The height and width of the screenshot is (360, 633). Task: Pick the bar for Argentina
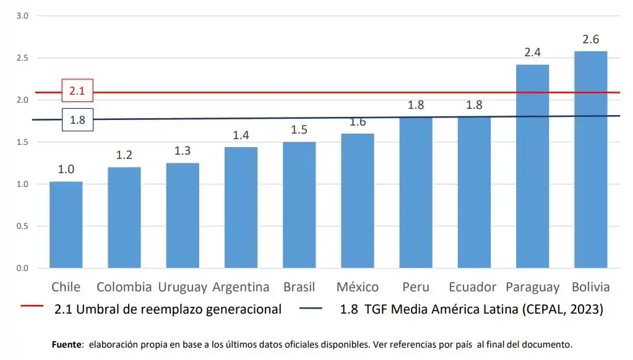[x=241, y=207]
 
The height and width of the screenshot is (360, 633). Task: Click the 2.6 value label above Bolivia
[x=590, y=40]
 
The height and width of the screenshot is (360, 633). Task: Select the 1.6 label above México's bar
[x=358, y=122]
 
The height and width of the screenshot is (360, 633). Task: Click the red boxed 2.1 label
[x=77, y=91]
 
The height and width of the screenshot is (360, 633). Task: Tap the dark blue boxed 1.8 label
[x=77, y=120]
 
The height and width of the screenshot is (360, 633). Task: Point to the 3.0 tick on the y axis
[x=22, y=16]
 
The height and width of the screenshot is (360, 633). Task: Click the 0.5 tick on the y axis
[x=22, y=226]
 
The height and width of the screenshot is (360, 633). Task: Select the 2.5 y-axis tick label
[x=22, y=58]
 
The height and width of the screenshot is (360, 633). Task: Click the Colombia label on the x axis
[x=124, y=287]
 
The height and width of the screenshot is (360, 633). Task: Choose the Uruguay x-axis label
[x=183, y=287]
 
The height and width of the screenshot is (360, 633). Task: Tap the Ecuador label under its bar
[x=473, y=287]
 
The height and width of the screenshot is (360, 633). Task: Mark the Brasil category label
[x=299, y=287]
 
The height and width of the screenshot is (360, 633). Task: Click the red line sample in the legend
[x=32, y=306]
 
